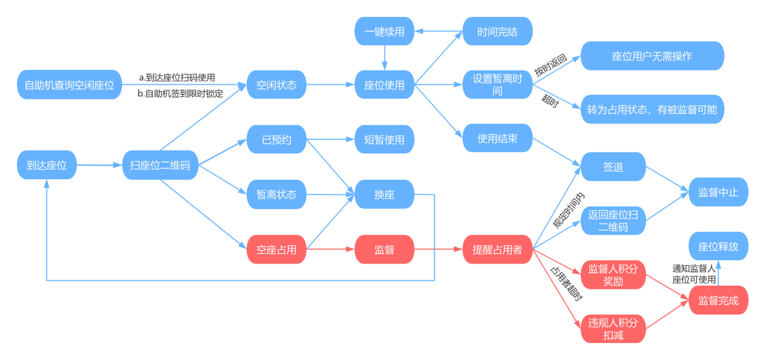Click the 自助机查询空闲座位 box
pyautogui.click(x=69, y=84)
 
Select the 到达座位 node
pyautogui.click(x=47, y=165)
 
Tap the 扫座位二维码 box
pyautogui.click(x=160, y=165)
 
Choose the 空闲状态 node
pyautogui.click(x=277, y=84)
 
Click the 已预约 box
pyautogui.click(x=277, y=140)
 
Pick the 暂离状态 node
pyautogui.click(x=277, y=194)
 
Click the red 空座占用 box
pyautogui.click(x=277, y=250)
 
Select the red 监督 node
pyautogui.click(x=385, y=250)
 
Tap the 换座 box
pyautogui.click(x=385, y=194)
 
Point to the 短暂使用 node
pyautogui.click(x=385, y=140)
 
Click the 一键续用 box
pyautogui.click(x=385, y=32)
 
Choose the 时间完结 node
pyautogui.click(x=497, y=32)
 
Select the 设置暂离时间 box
pyautogui.click(x=497, y=84)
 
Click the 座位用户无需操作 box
pyautogui.click(x=652, y=56)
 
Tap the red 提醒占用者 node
pyautogui.click(x=497, y=250)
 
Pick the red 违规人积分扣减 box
pyautogui.click(x=613, y=328)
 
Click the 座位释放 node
pyautogui.click(x=718, y=246)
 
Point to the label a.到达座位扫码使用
pyautogui.click(x=177, y=77)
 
